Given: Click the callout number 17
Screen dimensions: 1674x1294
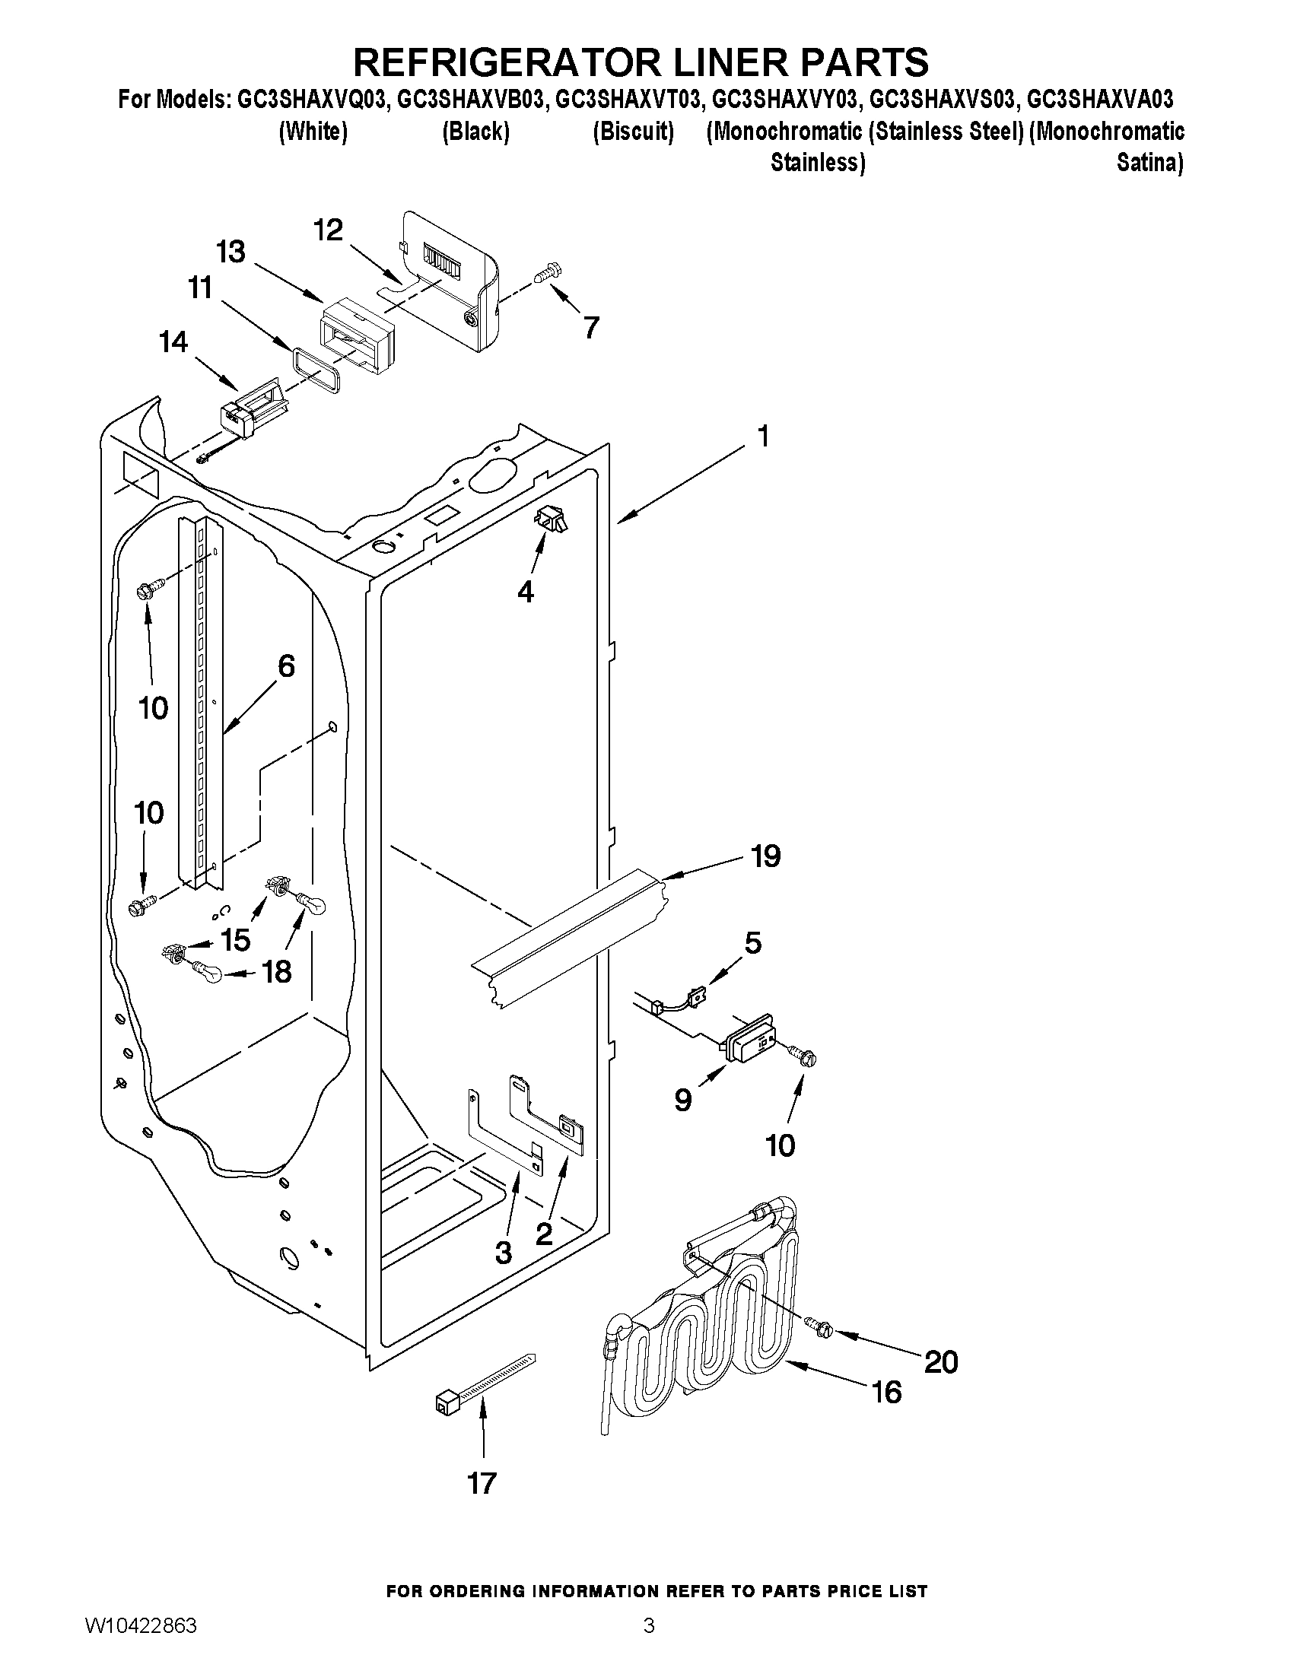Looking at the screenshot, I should [482, 1482].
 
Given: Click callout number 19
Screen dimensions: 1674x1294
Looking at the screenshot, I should [765, 856].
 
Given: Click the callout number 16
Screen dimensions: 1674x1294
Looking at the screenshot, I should [886, 1391].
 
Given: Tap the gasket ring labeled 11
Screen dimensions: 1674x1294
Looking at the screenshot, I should [314, 369].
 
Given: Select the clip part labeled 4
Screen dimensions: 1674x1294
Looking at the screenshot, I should [552, 519].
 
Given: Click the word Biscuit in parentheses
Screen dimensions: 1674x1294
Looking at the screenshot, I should [633, 132].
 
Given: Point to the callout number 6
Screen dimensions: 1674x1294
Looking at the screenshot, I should [285, 666].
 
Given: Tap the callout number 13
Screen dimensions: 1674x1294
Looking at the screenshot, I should [231, 252].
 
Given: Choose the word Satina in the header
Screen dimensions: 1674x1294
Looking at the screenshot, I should [1149, 164].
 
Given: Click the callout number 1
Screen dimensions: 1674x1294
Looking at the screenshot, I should [763, 436].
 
